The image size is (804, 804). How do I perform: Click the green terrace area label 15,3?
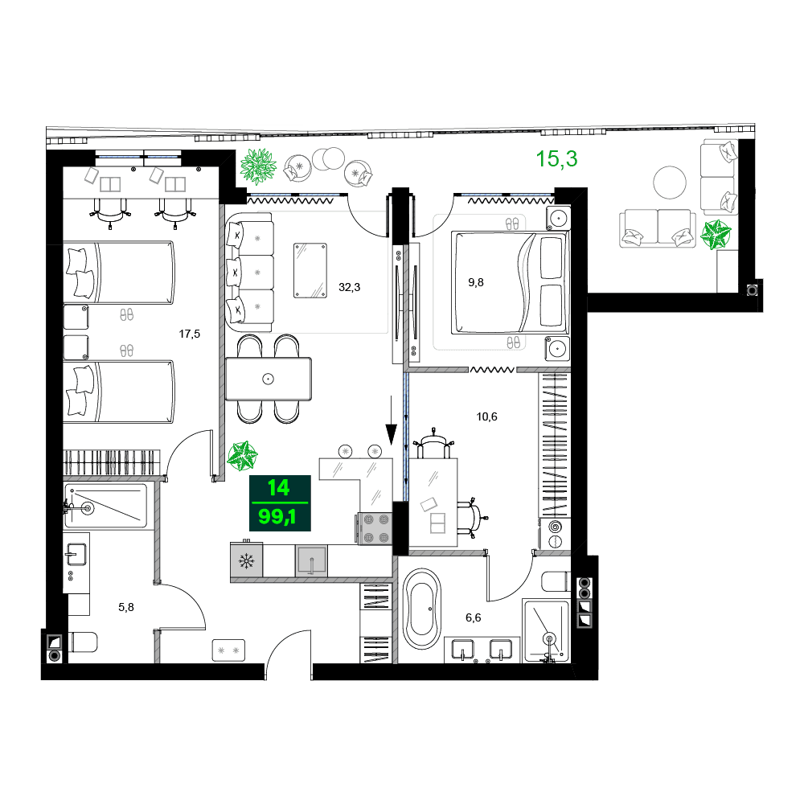557,159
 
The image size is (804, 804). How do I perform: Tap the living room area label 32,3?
349,286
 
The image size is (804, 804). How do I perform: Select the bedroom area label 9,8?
477,282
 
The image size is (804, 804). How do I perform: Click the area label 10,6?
487,416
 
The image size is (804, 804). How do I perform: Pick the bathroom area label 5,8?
126,608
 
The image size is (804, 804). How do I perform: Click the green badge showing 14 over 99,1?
279,502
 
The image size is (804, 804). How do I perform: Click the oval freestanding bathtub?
421,609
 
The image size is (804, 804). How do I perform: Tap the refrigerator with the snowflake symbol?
246,560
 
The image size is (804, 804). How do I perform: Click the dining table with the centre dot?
269,379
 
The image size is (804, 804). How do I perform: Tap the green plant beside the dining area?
242,456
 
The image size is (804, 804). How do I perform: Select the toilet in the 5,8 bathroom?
82,642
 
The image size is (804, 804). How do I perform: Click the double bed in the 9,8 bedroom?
510,282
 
